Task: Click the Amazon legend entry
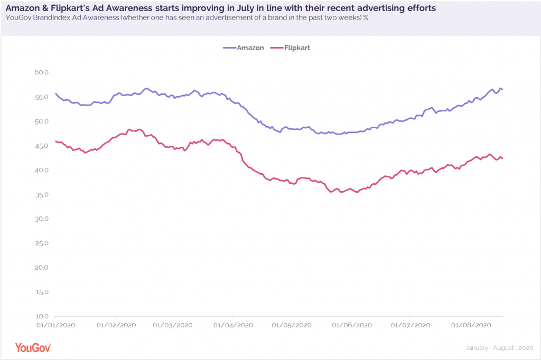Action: coord(244,48)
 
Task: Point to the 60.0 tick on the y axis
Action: coord(41,72)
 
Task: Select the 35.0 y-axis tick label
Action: coord(41,195)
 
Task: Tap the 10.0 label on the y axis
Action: coord(41,317)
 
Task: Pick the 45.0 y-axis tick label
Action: coord(41,146)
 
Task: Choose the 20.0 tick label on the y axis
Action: coord(41,268)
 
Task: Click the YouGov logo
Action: coord(33,348)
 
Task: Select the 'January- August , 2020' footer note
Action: coord(499,348)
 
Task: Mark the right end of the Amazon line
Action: coord(502,89)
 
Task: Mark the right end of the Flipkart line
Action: coord(502,158)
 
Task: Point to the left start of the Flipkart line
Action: coord(55,141)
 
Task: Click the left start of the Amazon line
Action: coord(55,93)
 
